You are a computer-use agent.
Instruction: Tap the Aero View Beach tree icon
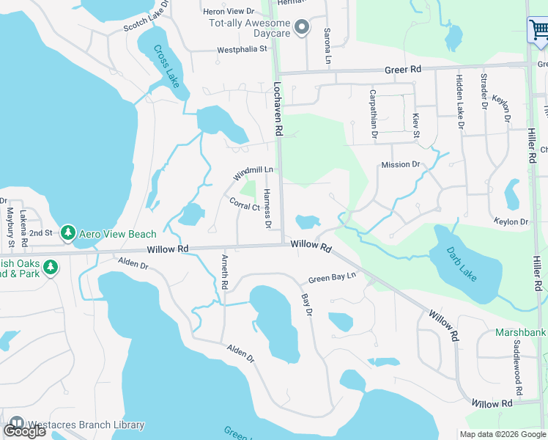click(x=68, y=233)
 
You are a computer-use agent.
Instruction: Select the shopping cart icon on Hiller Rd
click(x=538, y=30)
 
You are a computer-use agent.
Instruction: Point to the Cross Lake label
click(x=166, y=67)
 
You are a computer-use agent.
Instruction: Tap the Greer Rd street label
click(x=404, y=69)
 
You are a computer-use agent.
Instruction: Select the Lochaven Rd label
click(x=278, y=109)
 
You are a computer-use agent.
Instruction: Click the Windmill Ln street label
click(x=253, y=174)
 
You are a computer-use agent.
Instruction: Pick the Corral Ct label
click(x=245, y=204)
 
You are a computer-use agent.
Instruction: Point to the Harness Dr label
click(x=267, y=208)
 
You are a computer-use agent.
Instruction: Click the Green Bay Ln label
click(x=332, y=278)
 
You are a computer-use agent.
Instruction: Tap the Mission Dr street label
click(x=400, y=165)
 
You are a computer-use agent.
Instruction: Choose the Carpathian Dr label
click(x=374, y=114)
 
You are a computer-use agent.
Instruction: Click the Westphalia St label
click(x=243, y=51)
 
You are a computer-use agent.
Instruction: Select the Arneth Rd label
click(x=224, y=271)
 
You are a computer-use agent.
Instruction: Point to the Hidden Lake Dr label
click(x=461, y=102)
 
